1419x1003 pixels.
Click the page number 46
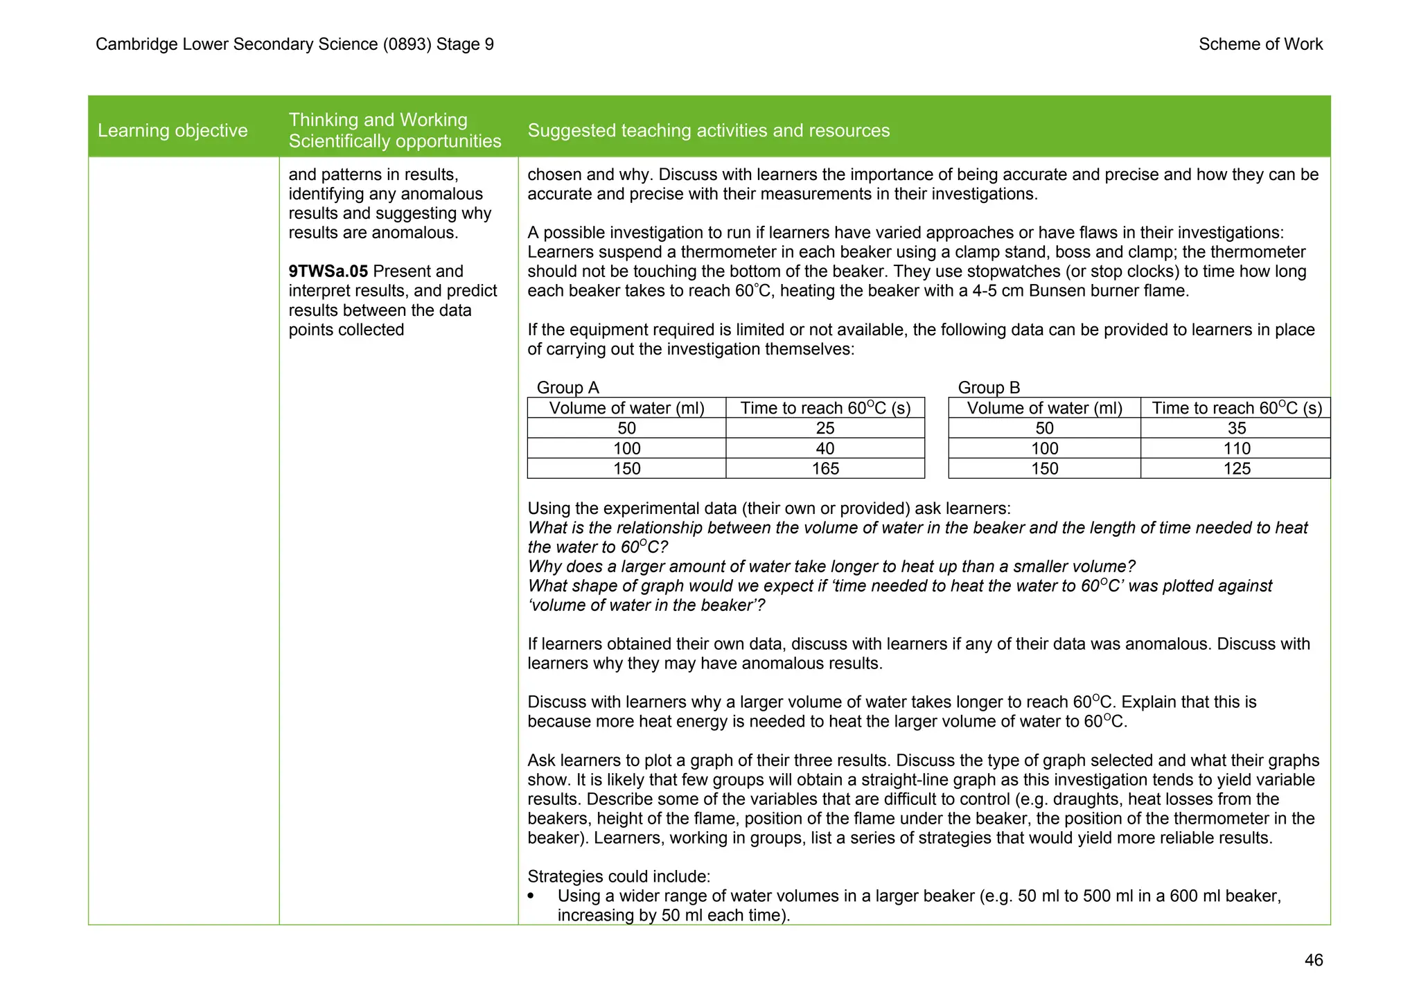1313,960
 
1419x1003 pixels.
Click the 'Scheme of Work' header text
1260,44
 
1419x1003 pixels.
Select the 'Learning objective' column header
173,130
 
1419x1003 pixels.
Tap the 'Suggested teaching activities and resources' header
708,130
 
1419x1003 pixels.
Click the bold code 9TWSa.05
328,272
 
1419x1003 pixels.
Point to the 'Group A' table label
567,387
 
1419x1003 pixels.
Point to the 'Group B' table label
989,387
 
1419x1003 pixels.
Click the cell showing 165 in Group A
825,469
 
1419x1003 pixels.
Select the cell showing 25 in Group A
825,428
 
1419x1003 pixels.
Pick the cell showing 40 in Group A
825,449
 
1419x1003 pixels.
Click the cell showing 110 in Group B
1236,449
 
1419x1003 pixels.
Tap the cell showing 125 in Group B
1236,469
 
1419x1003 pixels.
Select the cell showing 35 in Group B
1236,428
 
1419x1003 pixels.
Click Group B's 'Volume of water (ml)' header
1044,408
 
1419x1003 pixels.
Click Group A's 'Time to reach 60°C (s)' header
825,408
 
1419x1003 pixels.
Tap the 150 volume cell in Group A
626,469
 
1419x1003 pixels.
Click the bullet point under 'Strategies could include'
531,896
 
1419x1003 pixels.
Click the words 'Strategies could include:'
619,876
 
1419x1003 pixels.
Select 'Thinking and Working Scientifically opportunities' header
395,130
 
